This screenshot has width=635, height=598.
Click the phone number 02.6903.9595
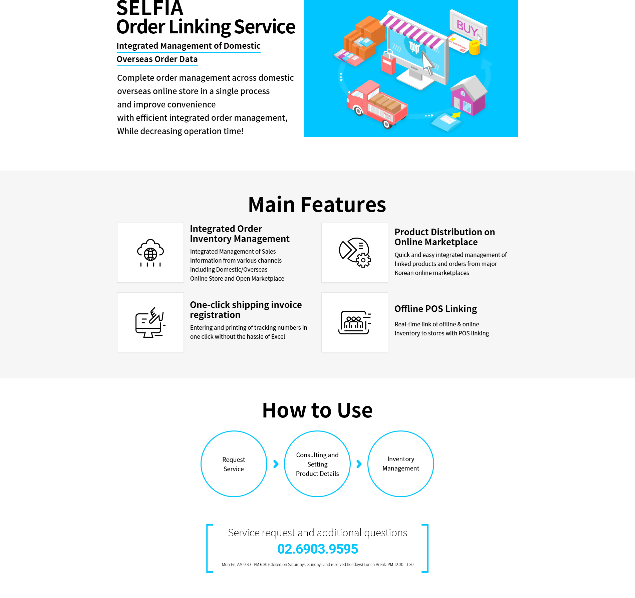317,549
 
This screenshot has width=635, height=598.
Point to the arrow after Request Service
276,464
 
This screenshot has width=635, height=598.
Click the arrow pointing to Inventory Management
359,464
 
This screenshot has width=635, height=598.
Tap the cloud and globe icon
150,253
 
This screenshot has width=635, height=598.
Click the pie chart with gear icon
355,253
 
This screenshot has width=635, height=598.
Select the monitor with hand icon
150,322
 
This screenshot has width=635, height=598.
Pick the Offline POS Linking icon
355,322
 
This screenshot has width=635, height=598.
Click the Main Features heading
317,205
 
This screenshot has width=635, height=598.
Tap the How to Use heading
317,410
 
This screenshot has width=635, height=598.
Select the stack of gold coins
474,48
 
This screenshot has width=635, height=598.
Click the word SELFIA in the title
150,8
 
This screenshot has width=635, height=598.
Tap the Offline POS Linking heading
435,309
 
